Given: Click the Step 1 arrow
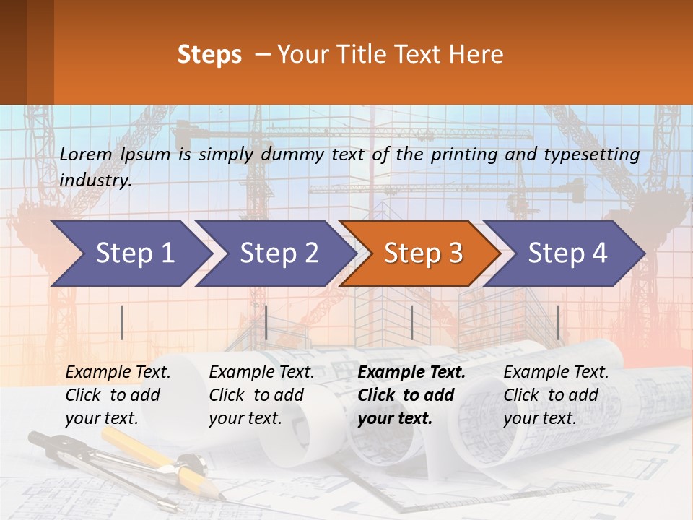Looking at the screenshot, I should pos(130,253).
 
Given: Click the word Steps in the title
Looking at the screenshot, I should pos(209,54).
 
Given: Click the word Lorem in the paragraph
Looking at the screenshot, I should pos(86,154).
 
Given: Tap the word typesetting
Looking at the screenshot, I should pos(595,154).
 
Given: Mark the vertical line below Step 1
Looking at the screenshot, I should pos(122,322).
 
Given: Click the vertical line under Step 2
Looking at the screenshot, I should pos(266,322).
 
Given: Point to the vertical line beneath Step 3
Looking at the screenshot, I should pos(411,322).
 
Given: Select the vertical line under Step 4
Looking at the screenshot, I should pos(557,322).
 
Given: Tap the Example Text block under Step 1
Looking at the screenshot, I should pos(118,395).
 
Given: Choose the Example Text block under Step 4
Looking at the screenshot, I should pos(556,395).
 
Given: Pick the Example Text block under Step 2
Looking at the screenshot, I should pos(261,395).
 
